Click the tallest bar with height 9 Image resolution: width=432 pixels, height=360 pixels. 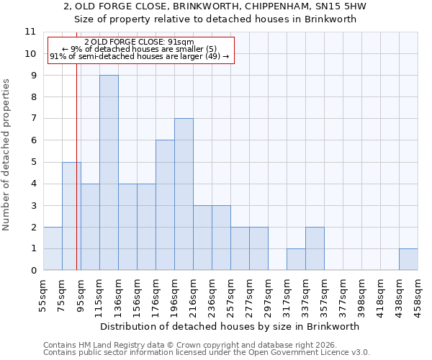[109, 173]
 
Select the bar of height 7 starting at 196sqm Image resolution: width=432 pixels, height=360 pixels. [184, 194]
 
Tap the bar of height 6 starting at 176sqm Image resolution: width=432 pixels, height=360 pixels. [165, 205]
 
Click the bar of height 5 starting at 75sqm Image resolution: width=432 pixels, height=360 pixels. [71, 216]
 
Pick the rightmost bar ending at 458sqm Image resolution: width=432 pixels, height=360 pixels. [408, 259]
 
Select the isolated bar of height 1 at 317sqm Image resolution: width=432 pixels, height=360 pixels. [296, 259]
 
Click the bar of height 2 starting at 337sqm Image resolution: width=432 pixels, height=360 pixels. [315, 248]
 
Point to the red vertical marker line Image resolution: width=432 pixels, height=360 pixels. [76, 180]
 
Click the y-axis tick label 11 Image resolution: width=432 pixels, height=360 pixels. [30, 32]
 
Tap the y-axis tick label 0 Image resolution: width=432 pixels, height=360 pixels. [32, 271]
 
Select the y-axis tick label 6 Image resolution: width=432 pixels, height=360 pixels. [32, 140]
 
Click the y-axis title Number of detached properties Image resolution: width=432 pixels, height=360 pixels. [7, 155]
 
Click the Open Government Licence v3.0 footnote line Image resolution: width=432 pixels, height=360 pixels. [207, 353]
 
